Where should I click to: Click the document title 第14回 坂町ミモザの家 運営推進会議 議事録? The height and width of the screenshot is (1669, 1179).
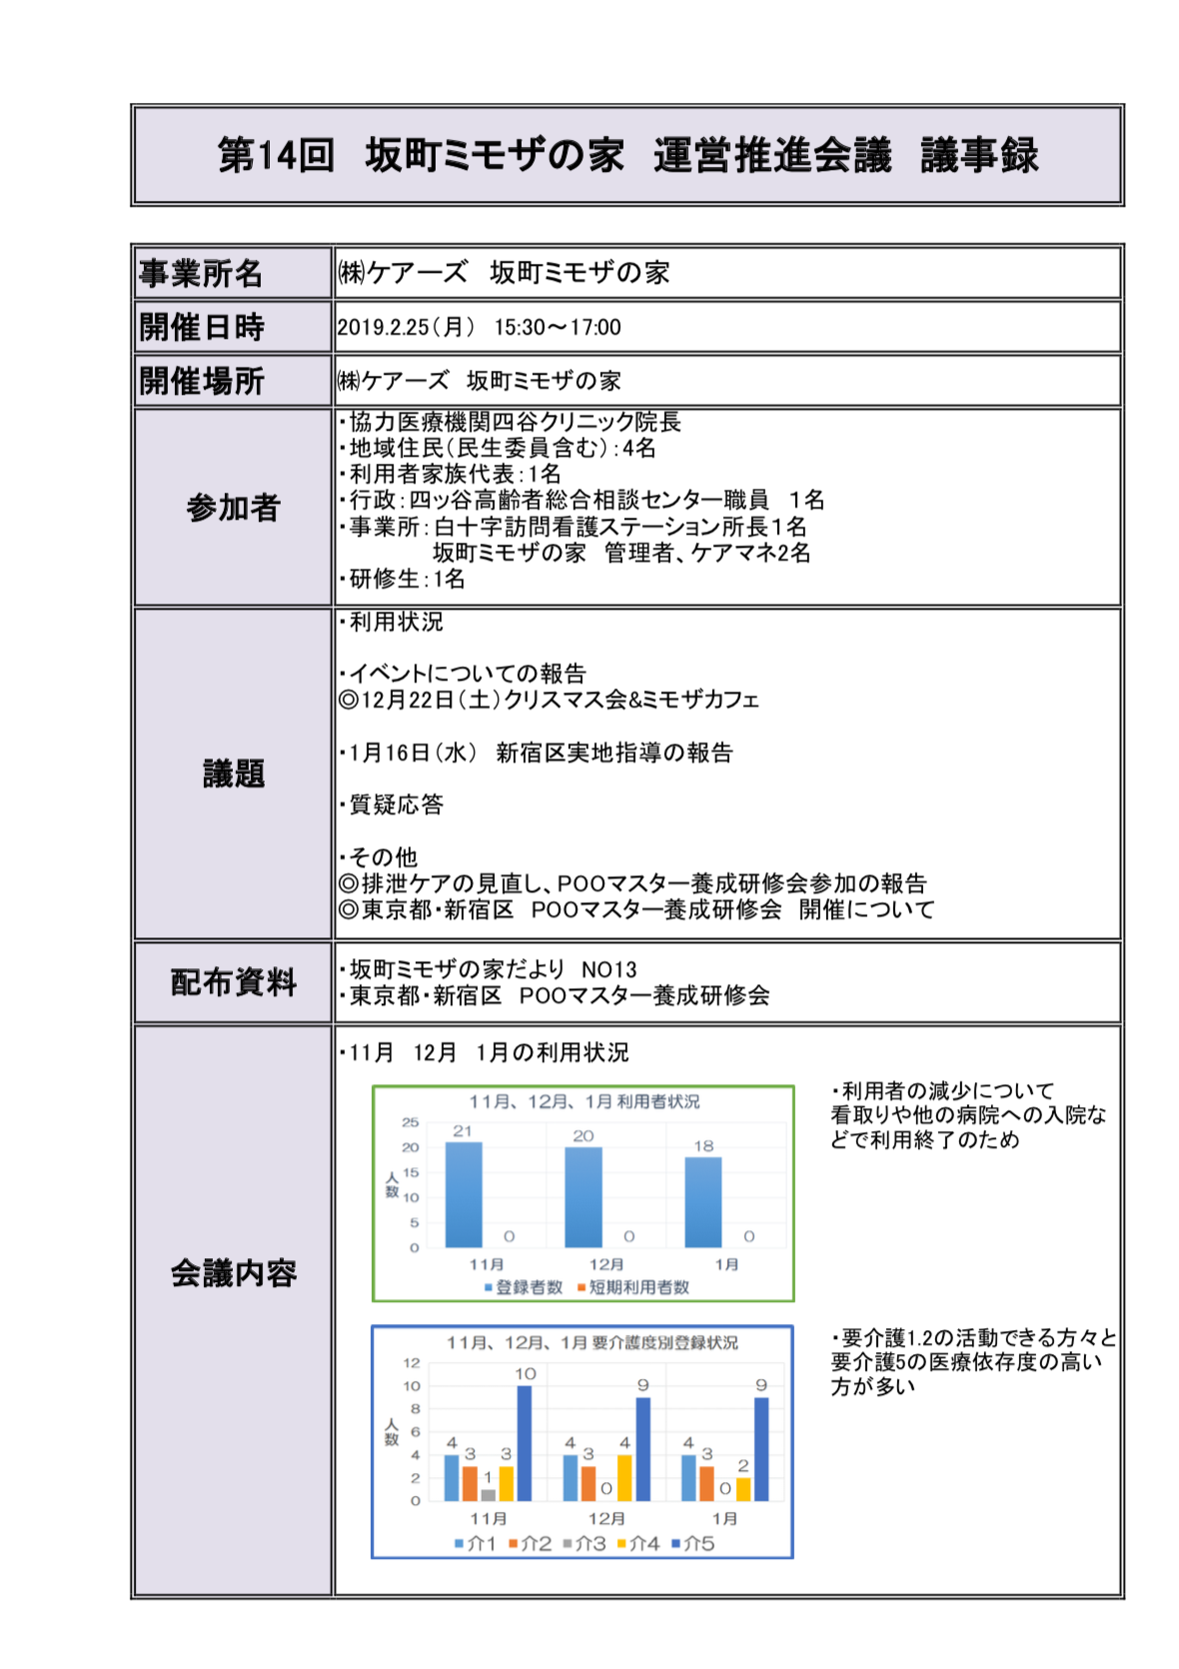click(627, 156)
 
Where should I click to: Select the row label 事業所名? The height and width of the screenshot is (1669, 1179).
click(201, 273)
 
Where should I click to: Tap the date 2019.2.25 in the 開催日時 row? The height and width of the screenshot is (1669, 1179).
click(383, 328)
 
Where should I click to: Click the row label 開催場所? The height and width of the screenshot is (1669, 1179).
click(201, 381)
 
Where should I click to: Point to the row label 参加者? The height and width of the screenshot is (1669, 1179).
click(233, 508)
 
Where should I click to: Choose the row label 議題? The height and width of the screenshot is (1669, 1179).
click(233, 774)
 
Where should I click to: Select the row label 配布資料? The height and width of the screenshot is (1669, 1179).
click(233, 982)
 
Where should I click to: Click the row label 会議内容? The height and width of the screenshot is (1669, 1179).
click(233, 1273)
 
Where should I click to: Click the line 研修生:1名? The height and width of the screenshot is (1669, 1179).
click(403, 579)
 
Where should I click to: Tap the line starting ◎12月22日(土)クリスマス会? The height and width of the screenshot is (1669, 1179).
click(550, 700)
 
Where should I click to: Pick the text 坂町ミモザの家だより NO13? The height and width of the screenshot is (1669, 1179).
click(490, 969)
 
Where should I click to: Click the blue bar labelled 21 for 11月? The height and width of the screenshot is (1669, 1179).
click(463, 1194)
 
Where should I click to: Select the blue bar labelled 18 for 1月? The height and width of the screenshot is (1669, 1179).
click(702, 1202)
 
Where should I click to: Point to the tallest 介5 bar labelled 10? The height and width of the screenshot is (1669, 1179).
click(525, 1442)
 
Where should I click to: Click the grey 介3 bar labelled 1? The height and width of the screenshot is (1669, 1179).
click(488, 1494)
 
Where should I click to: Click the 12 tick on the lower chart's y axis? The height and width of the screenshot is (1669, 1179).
click(412, 1363)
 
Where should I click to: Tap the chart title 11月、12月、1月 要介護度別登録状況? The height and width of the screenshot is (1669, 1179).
click(591, 1342)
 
